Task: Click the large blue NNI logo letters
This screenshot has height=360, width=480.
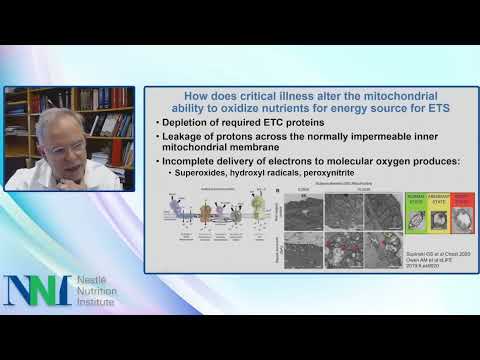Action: (x=37, y=289)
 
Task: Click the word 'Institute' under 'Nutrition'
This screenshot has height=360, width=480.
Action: (x=97, y=302)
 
